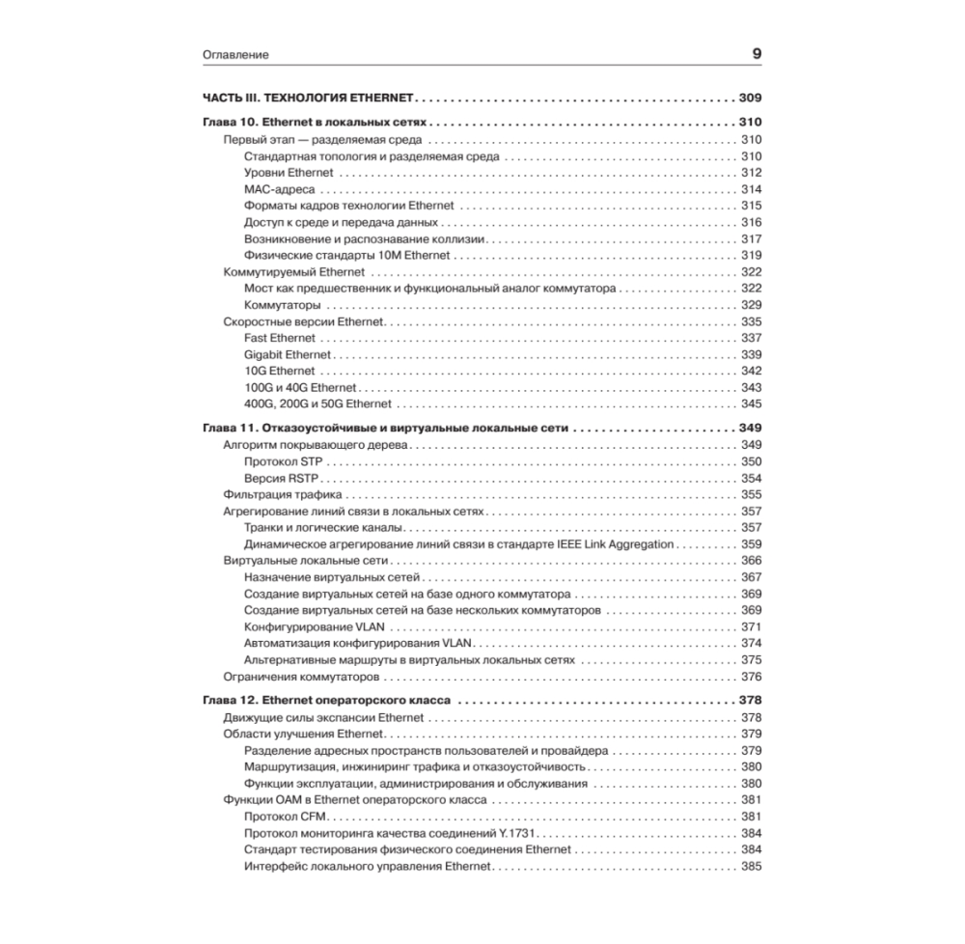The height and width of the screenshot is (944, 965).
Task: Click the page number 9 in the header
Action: (757, 54)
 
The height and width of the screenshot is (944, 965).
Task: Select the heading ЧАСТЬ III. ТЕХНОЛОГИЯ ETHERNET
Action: (308, 98)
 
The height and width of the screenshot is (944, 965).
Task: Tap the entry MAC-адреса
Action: (273, 189)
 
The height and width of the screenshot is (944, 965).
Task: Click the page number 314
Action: (751, 189)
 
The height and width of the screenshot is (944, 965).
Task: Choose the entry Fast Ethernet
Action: (280, 338)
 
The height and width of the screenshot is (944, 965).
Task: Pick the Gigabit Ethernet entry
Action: (288, 354)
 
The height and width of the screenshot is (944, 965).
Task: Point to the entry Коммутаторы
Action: (282, 305)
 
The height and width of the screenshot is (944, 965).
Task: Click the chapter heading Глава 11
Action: (386, 428)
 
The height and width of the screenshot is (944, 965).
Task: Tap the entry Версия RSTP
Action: (281, 478)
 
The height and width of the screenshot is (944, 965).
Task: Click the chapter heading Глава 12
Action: (328, 701)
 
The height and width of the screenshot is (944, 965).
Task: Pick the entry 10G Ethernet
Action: (279, 371)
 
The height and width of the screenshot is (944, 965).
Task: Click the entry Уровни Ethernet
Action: (289, 173)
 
